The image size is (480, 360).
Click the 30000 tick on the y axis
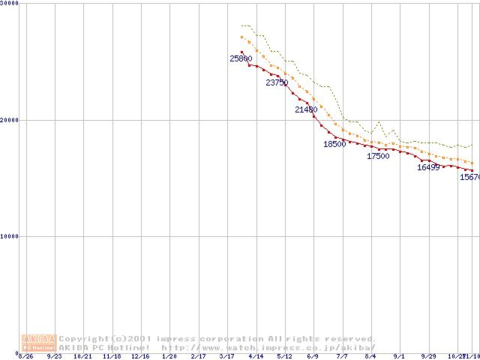[10, 4]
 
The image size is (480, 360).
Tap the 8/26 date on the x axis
[25, 356]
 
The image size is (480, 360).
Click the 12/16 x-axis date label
[141, 356]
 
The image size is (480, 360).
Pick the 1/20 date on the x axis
[169, 356]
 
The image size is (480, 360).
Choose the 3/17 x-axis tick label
[227, 356]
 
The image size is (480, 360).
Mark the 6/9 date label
[313, 356]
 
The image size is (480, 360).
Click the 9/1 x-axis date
[400, 356]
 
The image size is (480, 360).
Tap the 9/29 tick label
[428, 356]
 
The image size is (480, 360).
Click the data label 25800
[241, 58]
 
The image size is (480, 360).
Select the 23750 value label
[277, 83]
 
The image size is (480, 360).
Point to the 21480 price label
[306, 109]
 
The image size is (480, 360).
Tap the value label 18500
[334, 144]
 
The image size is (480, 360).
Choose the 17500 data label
[378, 156]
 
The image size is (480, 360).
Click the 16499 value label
[428, 167]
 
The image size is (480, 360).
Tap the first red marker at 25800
[241, 52]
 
